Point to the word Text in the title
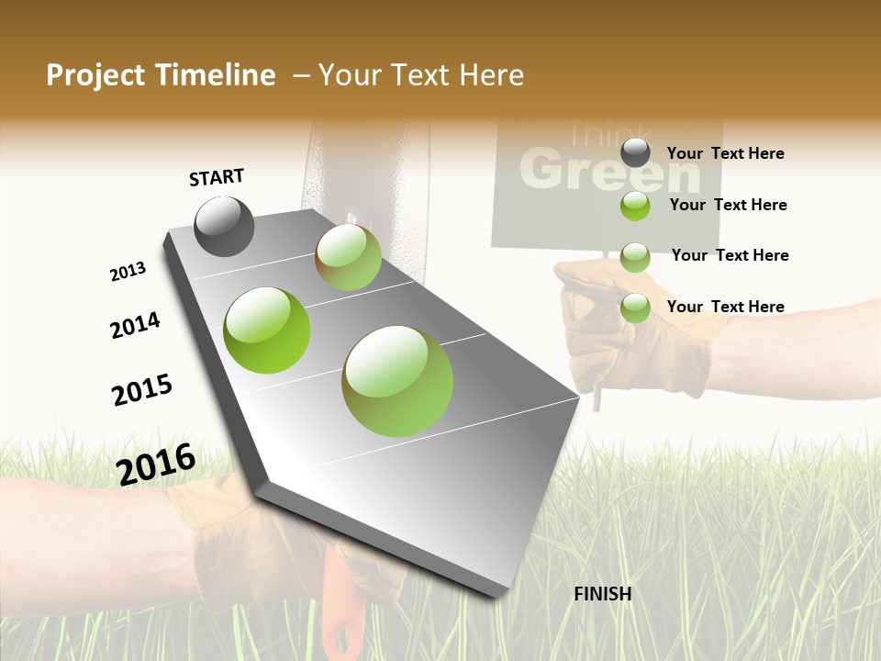[417, 75]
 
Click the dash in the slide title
[301, 75]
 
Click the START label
[217, 177]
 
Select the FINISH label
[602, 594]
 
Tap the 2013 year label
[128, 272]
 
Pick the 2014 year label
[135, 325]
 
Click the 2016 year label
[156, 464]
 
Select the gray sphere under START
[224, 226]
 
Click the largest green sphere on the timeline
[397, 381]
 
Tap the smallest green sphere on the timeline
[348, 257]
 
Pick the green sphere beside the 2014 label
[266, 330]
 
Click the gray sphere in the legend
[635, 152]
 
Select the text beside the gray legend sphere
[725, 153]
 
